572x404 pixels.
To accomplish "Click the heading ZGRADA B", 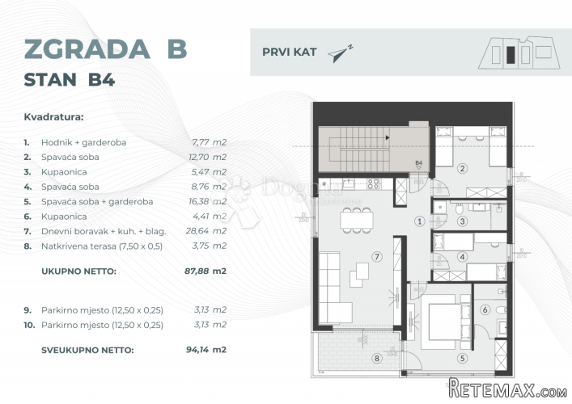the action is click(x=105, y=48).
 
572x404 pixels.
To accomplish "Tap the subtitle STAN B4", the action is click(x=70, y=80).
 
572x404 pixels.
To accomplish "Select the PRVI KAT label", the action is click(x=290, y=52).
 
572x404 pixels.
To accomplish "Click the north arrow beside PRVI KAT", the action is click(x=340, y=53).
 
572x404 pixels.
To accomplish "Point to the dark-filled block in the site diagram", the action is click(x=511, y=55).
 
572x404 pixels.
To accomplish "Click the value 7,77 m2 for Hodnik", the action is click(x=209, y=142).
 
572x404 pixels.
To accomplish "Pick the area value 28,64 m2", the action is click(x=206, y=231).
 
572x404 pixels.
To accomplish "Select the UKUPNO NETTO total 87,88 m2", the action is click(x=205, y=271).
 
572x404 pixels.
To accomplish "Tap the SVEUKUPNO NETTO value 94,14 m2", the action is click(x=206, y=350).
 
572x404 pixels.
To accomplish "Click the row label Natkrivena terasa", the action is click(x=102, y=246).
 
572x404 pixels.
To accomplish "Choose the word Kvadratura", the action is click(x=53, y=117).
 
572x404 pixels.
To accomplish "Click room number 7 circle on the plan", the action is click(x=377, y=257).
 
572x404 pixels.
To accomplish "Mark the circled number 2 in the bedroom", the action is click(x=462, y=168).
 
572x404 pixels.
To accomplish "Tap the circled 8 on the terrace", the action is click(x=377, y=359).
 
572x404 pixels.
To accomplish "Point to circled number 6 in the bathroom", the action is click(x=485, y=310).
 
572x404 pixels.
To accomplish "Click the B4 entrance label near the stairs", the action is click(x=418, y=163).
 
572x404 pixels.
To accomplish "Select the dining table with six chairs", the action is click(x=357, y=220).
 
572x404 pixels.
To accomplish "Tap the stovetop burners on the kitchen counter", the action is click(x=373, y=184).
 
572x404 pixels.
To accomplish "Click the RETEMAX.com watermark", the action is click(x=507, y=389).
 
